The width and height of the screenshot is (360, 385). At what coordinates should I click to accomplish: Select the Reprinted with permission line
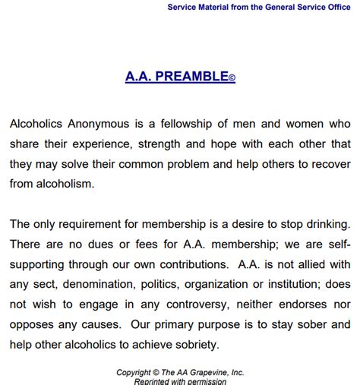coord(179,381)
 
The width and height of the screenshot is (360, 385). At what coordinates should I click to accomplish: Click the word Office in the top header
coord(336,8)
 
